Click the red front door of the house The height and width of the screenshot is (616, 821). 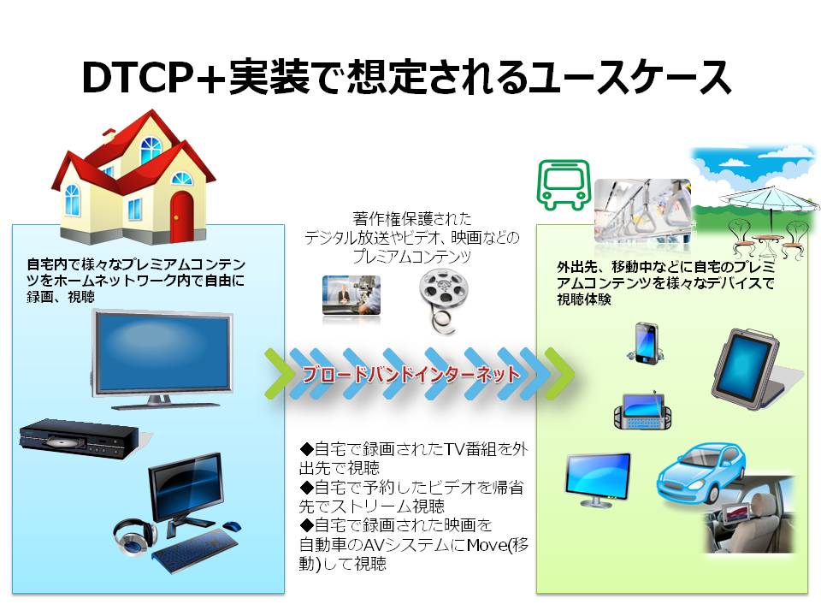tap(181, 216)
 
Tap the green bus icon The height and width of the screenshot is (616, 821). tap(564, 185)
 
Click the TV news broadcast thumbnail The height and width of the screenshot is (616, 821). tap(351, 295)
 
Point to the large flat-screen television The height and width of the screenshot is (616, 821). tap(162, 358)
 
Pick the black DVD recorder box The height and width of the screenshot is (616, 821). tap(80, 438)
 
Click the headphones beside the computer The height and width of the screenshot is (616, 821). tap(134, 536)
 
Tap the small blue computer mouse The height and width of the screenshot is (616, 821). tap(231, 524)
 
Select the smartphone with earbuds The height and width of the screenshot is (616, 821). tap(646, 343)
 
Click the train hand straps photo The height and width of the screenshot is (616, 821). tap(642, 211)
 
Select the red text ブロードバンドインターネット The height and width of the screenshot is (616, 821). tap(411, 374)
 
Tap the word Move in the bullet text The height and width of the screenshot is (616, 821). tap(487, 545)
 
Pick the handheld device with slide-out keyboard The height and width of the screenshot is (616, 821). tap(642, 411)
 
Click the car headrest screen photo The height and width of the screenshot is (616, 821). tap(749, 514)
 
